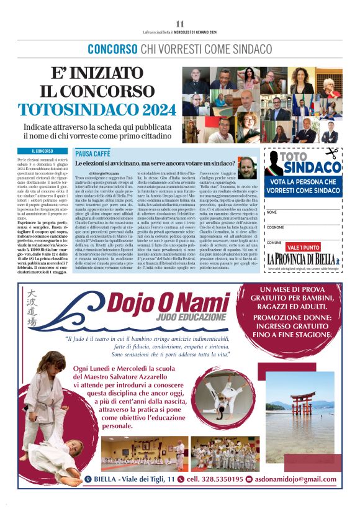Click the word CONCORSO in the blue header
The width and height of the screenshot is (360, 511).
coord(112,48)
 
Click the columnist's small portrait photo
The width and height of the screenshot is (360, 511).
coord(246,165)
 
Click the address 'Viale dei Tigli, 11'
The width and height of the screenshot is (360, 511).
coord(145,479)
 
